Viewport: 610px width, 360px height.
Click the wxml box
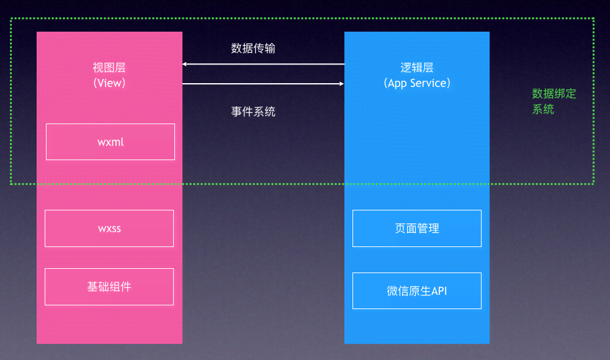pos(110,142)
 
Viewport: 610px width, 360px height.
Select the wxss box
pos(109,228)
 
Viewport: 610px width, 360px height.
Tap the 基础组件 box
pos(109,287)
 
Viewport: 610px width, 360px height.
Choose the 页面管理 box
pos(417,228)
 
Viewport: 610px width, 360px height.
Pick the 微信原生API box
pos(417,290)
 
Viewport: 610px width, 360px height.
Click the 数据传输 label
pos(253,48)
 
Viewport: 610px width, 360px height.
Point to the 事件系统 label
pos(253,112)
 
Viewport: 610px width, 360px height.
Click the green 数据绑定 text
pos(554,94)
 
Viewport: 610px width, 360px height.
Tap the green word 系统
pos(543,109)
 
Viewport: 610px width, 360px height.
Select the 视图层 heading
pos(109,68)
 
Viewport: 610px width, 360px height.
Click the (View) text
pos(109,83)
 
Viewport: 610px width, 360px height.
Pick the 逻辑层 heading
pos(417,68)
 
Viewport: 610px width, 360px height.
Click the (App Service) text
pos(417,83)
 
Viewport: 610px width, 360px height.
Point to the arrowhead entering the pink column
pos(185,64)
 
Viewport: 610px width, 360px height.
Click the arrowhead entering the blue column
pos(341,84)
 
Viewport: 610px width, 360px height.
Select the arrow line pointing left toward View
pos(264,64)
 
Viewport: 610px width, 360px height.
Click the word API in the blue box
pos(439,290)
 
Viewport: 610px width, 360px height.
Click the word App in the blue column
pos(398,83)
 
